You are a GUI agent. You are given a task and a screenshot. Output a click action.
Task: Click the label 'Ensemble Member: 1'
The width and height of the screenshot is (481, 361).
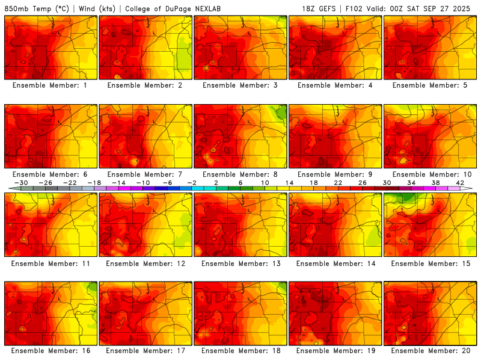click(x=51, y=85)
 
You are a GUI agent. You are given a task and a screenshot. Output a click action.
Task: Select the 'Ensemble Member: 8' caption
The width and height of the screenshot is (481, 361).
click(x=240, y=174)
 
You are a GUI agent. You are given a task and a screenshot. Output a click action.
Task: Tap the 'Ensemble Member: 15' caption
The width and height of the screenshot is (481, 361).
click(x=430, y=263)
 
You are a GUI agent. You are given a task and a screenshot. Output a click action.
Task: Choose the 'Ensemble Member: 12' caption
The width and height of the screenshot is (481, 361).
click(x=145, y=263)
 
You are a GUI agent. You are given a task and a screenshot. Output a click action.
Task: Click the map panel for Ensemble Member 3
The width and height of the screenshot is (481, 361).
click(x=240, y=48)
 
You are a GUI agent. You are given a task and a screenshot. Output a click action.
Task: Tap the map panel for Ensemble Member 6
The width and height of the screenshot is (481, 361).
click(x=51, y=136)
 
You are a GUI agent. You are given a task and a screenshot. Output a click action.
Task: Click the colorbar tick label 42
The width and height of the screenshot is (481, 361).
click(x=460, y=182)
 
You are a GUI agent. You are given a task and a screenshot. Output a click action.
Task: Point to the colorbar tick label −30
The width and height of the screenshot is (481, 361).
click(x=22, y=182)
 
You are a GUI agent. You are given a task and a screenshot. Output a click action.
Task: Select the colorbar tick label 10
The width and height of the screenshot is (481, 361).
click(x=265, y=182)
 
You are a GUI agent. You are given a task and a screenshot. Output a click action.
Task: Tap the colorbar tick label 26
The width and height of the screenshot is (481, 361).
click(x=363, y=182)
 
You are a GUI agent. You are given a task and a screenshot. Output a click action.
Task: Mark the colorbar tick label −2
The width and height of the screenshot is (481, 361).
click(x=192, y=182)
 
